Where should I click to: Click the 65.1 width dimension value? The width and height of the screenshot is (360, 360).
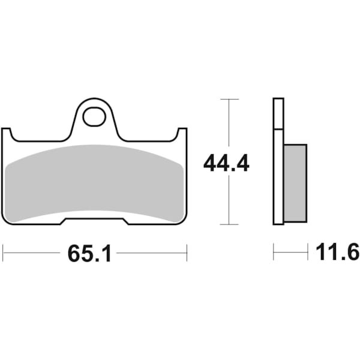click(89, 253)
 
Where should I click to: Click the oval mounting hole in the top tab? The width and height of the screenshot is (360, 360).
click(94, 116)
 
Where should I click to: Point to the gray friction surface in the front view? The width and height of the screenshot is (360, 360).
click(94, 180)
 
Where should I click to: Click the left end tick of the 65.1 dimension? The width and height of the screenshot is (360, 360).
click(3, 253)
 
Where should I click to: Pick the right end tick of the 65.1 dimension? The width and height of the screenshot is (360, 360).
click(187, 253)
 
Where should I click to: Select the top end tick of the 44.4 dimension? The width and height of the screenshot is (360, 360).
click(229, 98)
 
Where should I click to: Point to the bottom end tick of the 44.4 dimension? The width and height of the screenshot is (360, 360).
click(229, 225)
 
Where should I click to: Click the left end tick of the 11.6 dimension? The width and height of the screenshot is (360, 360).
click(274, 253)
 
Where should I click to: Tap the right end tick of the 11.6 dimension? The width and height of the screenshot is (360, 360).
click(307, 253)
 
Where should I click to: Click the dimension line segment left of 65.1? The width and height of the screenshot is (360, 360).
click(33, 253)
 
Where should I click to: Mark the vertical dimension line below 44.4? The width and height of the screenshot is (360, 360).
click(229, 201)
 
